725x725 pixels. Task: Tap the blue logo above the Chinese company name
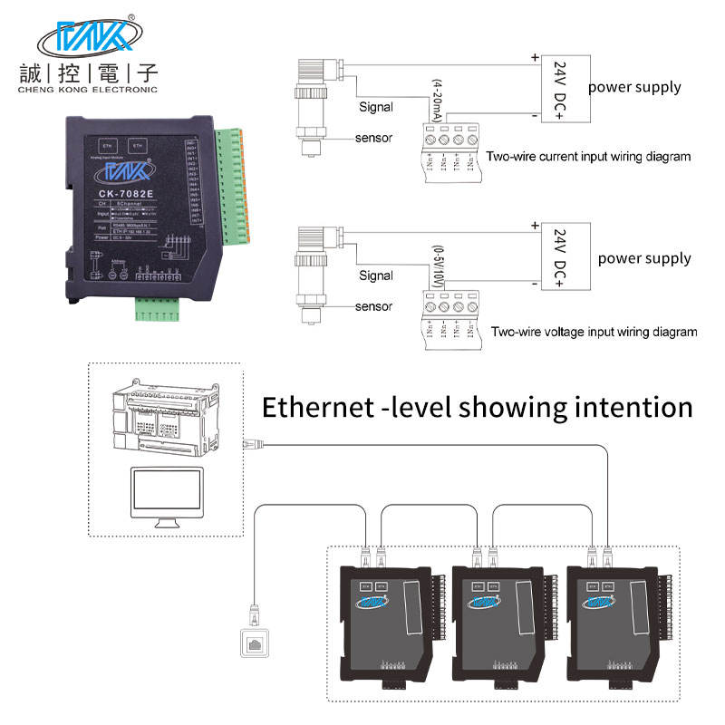(88, 38)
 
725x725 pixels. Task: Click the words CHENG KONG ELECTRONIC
(89, 90)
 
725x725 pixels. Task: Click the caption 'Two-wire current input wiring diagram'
(588, 157)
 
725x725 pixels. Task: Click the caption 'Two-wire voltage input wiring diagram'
(594, 332)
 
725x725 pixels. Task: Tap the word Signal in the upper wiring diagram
(375, 107)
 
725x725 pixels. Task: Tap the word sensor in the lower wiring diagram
(373, 306)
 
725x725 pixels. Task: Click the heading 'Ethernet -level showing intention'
(477, 407)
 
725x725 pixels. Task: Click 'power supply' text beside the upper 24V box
(634, 87)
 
